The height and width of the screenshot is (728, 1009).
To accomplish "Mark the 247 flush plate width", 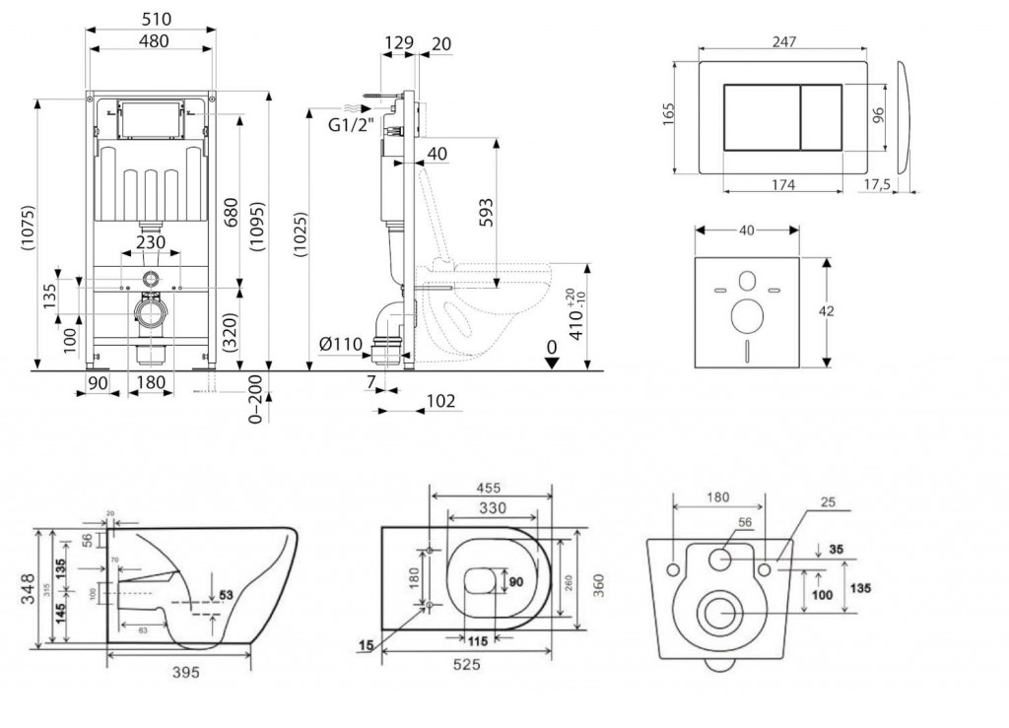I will click(784, 40).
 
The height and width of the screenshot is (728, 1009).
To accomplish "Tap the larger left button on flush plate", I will click(762, 117).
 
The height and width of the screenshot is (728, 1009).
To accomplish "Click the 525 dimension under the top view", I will click(466, 665).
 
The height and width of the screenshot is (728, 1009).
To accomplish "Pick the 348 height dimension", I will click(28, 588).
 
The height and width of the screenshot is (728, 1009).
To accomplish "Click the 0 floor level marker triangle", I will click(553, 361).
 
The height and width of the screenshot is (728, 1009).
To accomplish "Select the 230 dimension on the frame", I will click(150, 241).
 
